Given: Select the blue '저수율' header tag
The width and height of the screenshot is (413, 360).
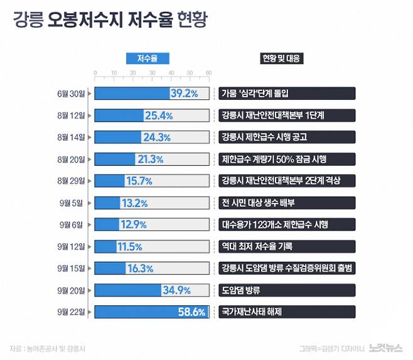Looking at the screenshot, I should [x=151, y=58].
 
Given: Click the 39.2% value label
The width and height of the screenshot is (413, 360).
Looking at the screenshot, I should [x=184, y=94].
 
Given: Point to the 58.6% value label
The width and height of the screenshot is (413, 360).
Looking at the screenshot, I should [x=191, y=311].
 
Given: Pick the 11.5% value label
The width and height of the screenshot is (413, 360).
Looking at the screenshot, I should [x=130, y=246].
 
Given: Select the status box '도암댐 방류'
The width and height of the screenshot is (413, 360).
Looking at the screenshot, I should [x=241, y=290].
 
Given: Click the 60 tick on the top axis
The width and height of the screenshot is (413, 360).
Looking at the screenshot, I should [x=208, y=74].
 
